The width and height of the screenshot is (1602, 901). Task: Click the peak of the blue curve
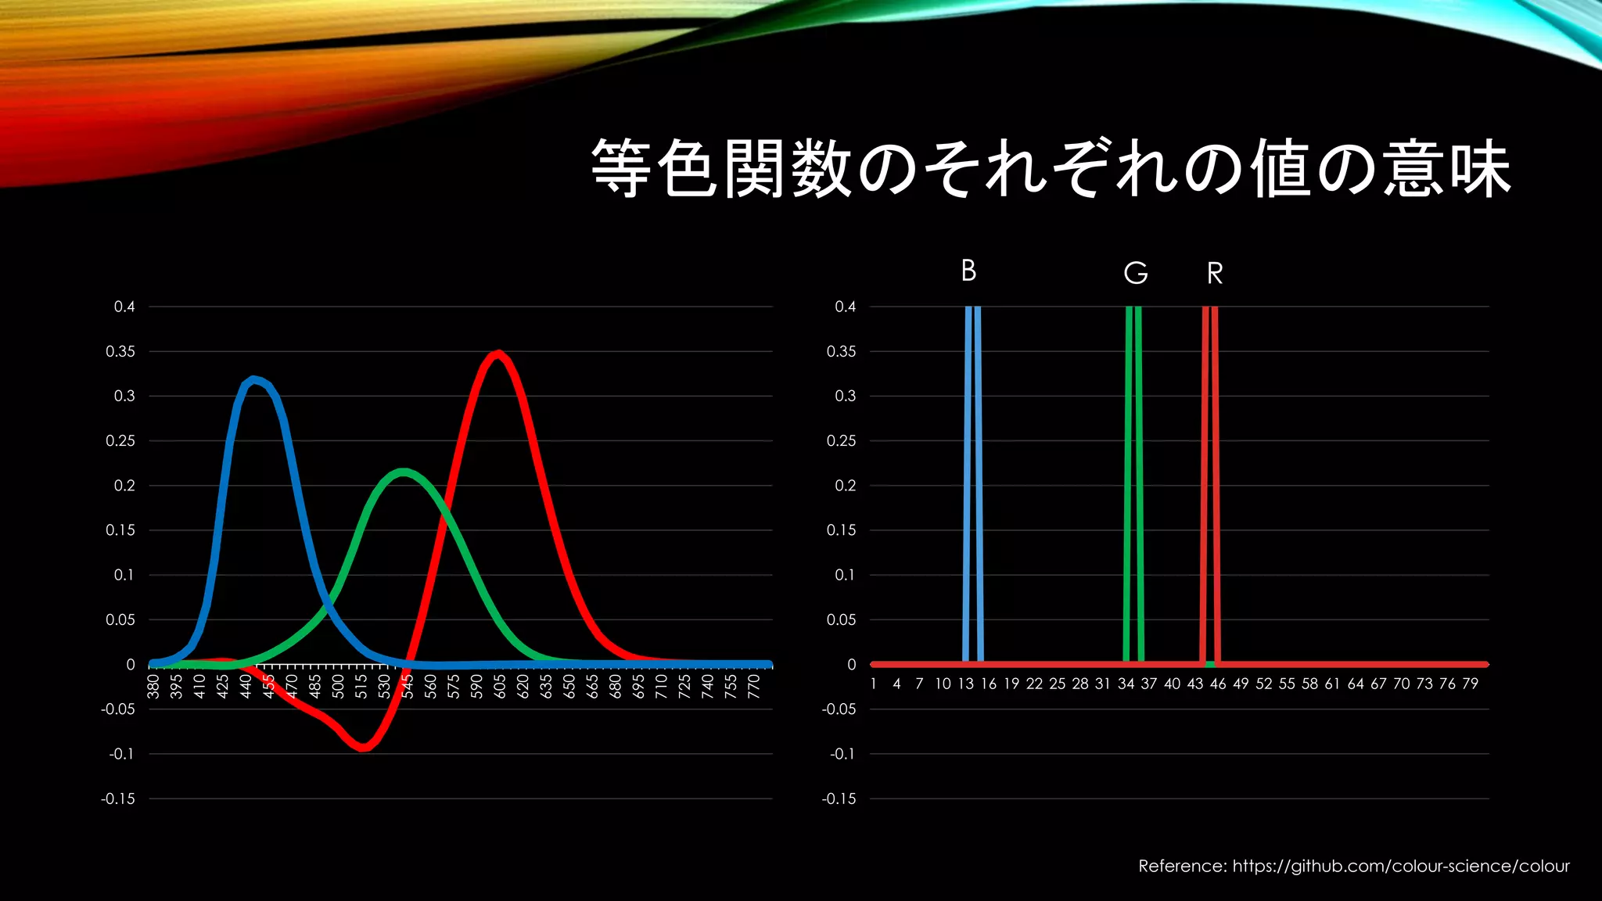coord(253,381)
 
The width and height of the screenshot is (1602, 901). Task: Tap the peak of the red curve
coord(498,354)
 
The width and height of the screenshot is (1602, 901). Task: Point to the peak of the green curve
coord(402,473)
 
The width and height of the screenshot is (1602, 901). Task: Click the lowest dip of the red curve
coord(364,747)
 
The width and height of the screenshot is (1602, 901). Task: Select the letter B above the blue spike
coord(968,271)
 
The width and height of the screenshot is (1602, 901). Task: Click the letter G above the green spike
coord(1135,273)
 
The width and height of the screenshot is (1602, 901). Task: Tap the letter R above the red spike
coord(1214,273)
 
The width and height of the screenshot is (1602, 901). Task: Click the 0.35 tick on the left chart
coord(120,352)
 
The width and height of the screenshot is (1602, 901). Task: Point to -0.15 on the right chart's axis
coord(839,799)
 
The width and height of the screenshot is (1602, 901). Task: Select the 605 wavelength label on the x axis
coord(499,687)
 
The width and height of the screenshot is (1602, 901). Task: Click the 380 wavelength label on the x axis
coord(153,687)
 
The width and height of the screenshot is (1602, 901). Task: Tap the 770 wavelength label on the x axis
coord(753,687)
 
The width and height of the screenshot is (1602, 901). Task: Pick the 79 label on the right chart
coord(1470,684)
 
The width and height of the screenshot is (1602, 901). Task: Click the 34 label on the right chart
coord(1126,684)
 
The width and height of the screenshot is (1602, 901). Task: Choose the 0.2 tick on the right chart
coord(845,486)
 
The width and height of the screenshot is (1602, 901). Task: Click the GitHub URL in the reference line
coord(1401,866)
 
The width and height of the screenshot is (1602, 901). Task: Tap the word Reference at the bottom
coord(1182,866)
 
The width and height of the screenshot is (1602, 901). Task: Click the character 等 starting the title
coord(621,168)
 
